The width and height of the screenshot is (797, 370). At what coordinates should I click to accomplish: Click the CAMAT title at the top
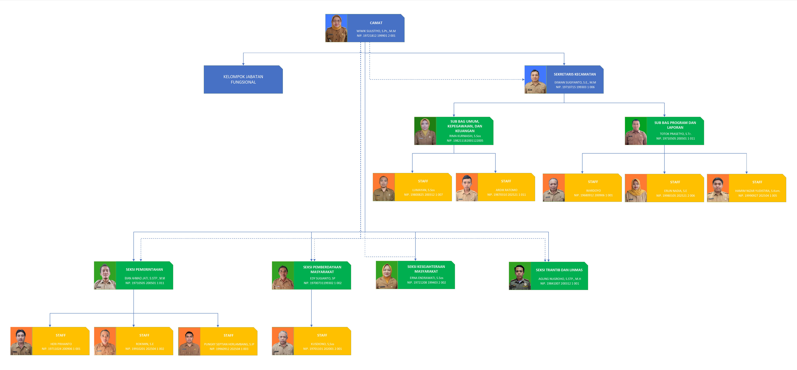(x=376, y=23)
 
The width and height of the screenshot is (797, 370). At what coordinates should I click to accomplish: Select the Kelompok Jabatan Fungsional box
(x=243, y=79)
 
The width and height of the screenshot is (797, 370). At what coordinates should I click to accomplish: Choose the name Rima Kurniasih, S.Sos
(x=465, y=136)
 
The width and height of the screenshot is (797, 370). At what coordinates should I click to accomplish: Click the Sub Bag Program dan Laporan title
(x=675, y=125)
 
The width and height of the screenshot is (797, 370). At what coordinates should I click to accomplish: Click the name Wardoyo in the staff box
(x=593, y=191)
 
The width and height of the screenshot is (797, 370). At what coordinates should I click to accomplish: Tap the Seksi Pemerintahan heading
(x=144, y=270)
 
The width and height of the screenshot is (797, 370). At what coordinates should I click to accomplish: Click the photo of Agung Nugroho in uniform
(x=520, y=276)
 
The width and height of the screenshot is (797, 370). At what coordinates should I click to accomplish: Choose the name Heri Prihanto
(x=61, y=344)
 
